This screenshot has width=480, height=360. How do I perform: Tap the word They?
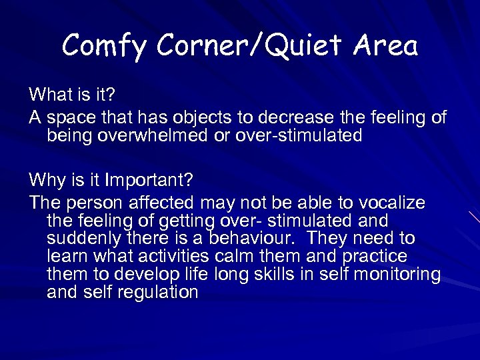(323, 238)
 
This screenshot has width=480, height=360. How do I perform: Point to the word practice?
(375, 257)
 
